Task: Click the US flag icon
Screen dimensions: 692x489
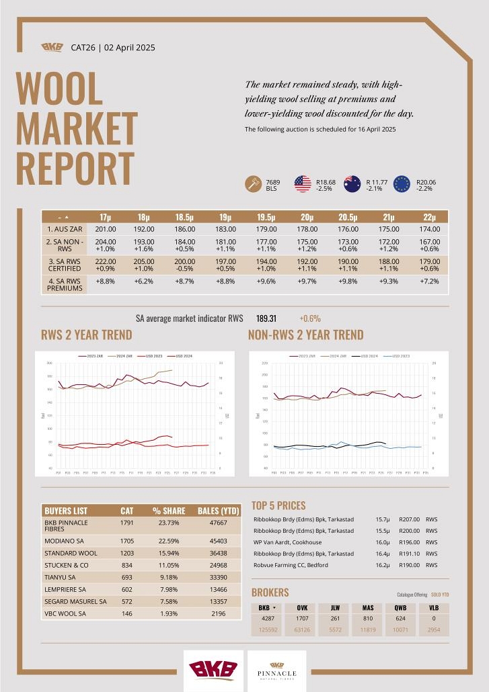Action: [x=303, y=184]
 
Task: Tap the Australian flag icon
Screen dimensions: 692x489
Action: [x=352, y=184]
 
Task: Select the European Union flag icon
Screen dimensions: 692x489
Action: [x=402, y=184]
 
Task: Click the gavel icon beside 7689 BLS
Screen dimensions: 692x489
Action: [x=254, y=184]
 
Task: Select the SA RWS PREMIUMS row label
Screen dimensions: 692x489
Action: [x=65, y=284]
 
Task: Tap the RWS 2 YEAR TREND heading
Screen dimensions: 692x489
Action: [x=87, y=335]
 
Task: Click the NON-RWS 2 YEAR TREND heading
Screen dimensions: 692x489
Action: [x=305, y=335]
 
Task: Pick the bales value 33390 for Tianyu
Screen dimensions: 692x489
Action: [x=213, y=595]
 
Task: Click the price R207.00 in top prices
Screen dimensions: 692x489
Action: [x=409, y=519]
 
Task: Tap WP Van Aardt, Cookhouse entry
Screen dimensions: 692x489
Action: [x=288, y=542]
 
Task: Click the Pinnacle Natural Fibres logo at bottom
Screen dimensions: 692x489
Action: [x=276, y=671]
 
